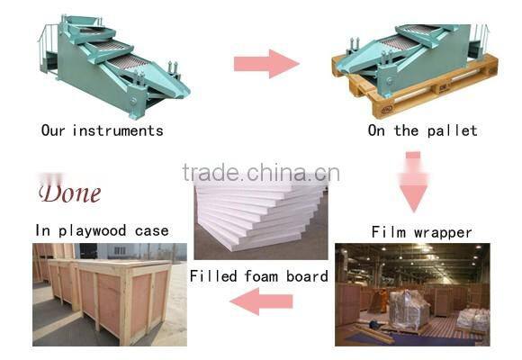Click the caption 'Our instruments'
[103, 130]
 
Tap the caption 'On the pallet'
[422, 130]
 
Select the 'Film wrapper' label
[421, 232]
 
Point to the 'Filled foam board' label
[259, 276]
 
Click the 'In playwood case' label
[102, 230]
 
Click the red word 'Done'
[69, 193]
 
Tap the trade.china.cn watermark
[260, 173]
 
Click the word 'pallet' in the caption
[452, 130]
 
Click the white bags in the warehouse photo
[471, 317]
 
